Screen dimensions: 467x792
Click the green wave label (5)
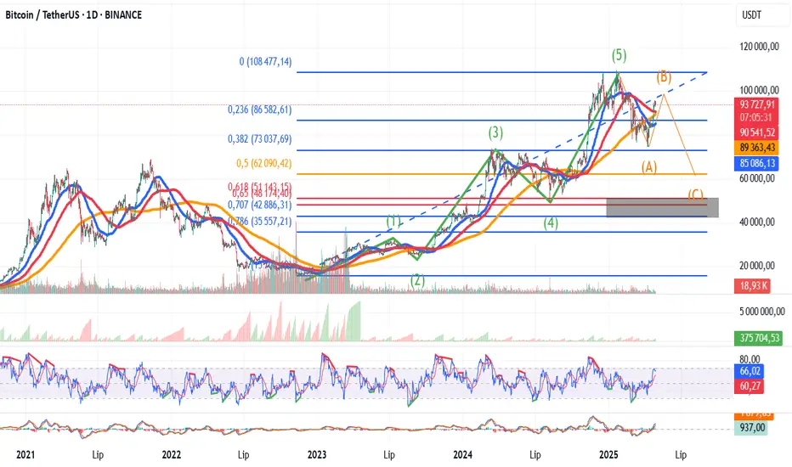click(619, 56)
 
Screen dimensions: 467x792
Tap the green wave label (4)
click(551, 224)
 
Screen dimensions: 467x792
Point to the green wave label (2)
click(417, 279)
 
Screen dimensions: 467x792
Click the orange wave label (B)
click(663, 77)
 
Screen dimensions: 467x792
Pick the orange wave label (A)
click(649, 167)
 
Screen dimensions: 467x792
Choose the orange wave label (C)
click(696, 194)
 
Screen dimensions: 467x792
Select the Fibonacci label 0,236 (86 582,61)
click(261, 110)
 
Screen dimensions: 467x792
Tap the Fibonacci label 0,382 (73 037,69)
click(261, 139)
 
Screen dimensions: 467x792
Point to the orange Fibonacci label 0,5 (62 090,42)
click(264, 163)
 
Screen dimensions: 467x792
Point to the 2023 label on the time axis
click(317, 454)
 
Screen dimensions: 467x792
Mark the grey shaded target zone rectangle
click(663, 207)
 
